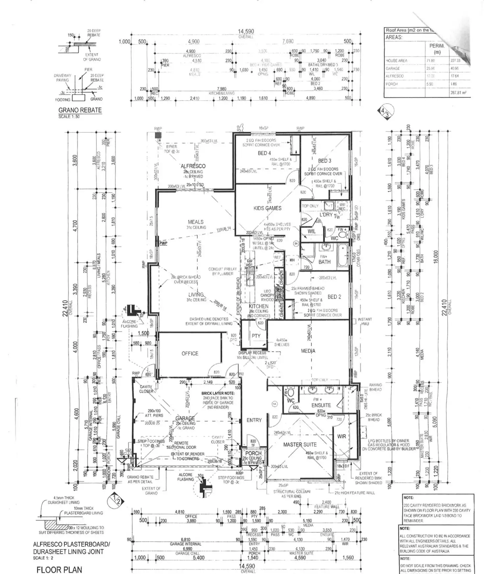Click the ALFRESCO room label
tap(193, 166)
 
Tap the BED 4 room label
tap(264, 153)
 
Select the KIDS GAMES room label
tap(267, 208)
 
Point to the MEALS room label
tap(196, 222)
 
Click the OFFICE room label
tap(190, 353)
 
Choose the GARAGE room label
tap(185, 418)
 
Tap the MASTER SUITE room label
tap(300, 444)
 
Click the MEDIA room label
tap(308, 351)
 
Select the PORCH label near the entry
tap(254, 453)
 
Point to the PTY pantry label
tap(256, 336)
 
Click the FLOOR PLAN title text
tap(59, 569)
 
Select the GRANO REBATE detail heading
tap(80, 110)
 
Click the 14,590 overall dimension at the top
tap(246, 32)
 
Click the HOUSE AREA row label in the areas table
tap(396, 61)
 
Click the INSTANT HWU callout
tap(365, 321)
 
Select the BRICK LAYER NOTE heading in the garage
tap(218, 393)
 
